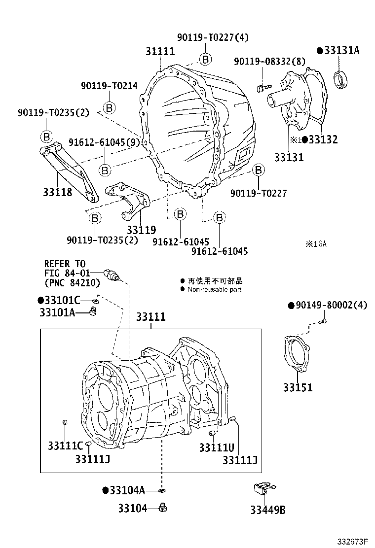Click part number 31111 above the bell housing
[x=160, y=51]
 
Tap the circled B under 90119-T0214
[x=109, y=107]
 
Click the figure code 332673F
[x=353, y=541]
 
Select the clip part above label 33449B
[x=262, y=488]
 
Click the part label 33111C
[x=65, y=446]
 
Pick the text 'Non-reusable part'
[x=214, y=290]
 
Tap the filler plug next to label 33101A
[x=92, y=310]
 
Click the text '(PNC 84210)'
[x=72, y=283]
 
